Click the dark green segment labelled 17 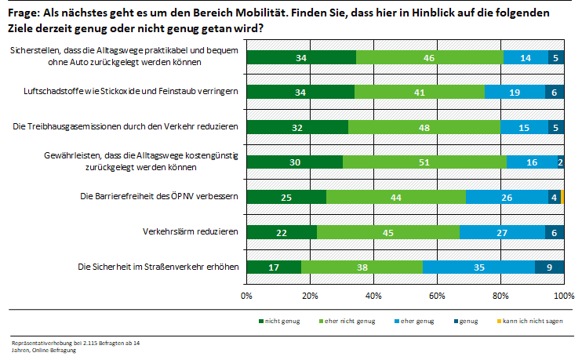point(274,267)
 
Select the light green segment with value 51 point(424,162)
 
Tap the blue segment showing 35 point(478,267)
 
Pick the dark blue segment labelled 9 point(549,267)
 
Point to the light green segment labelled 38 point(362,267)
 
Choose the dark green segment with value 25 point(286,196)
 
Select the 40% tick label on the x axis point(373,296)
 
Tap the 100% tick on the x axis point(562,296)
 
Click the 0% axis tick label point(246,296)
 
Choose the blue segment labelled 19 point(515,91)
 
